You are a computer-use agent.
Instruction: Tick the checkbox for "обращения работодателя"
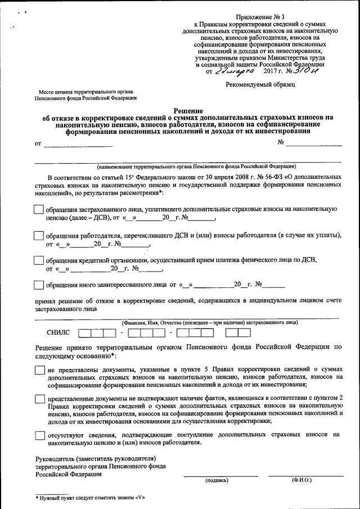tap(39, 236)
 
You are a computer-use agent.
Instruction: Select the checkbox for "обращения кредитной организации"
tap(39, 260)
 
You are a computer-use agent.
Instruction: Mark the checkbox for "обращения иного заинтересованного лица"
tap(39, 285)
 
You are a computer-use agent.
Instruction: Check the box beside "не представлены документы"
tap(39, 370)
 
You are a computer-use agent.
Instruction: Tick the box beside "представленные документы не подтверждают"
tap(39, 399)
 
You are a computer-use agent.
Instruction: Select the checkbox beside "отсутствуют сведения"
tap(39, 435)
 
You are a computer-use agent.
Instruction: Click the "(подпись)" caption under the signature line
tap(217, 480)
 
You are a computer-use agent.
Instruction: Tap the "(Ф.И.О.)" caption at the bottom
tap(301, 480)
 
